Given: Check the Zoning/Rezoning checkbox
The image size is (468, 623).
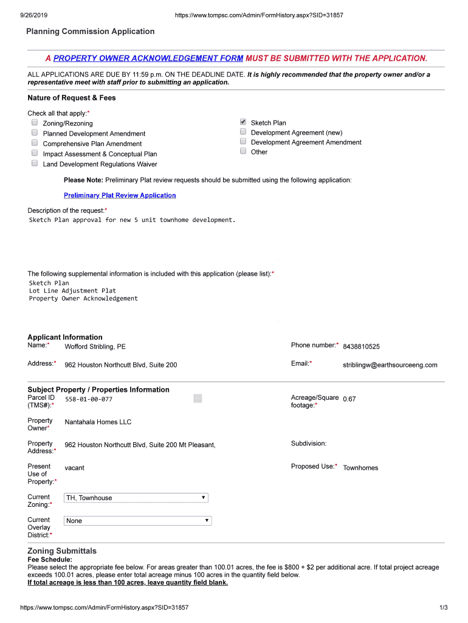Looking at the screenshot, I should coord(35,124).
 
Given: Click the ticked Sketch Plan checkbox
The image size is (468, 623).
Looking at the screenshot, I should coord(243,122).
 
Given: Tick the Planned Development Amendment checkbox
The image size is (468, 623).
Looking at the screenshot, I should coord(35,133).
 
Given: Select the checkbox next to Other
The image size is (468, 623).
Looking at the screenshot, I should coord(243,151).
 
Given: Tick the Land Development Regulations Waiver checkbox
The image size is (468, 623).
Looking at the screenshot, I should coord(35,164).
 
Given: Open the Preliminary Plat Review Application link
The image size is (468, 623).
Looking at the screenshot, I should coord(120,195).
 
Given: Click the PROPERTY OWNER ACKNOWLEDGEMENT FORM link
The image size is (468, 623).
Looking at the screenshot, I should coord(148,58).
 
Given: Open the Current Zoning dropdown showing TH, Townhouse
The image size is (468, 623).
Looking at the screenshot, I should coord(136,498).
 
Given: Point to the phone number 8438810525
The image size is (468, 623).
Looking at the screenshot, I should coord(361,346).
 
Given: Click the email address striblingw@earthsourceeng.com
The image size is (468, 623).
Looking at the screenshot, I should coord(390,365).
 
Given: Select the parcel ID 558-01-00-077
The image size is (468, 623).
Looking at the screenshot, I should coord(89,400).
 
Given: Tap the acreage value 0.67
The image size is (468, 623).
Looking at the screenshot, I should coord(349,399).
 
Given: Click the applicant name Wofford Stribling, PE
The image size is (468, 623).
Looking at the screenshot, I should coord(95,347).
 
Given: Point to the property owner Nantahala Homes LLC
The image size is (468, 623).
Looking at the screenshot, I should coord(98,422).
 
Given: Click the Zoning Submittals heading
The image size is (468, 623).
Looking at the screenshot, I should coord(62,551).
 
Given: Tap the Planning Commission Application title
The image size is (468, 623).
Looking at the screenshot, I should coord(90,32).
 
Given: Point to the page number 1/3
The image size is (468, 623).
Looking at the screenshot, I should coord(443,608).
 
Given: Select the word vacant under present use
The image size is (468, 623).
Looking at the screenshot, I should coord(75,468).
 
